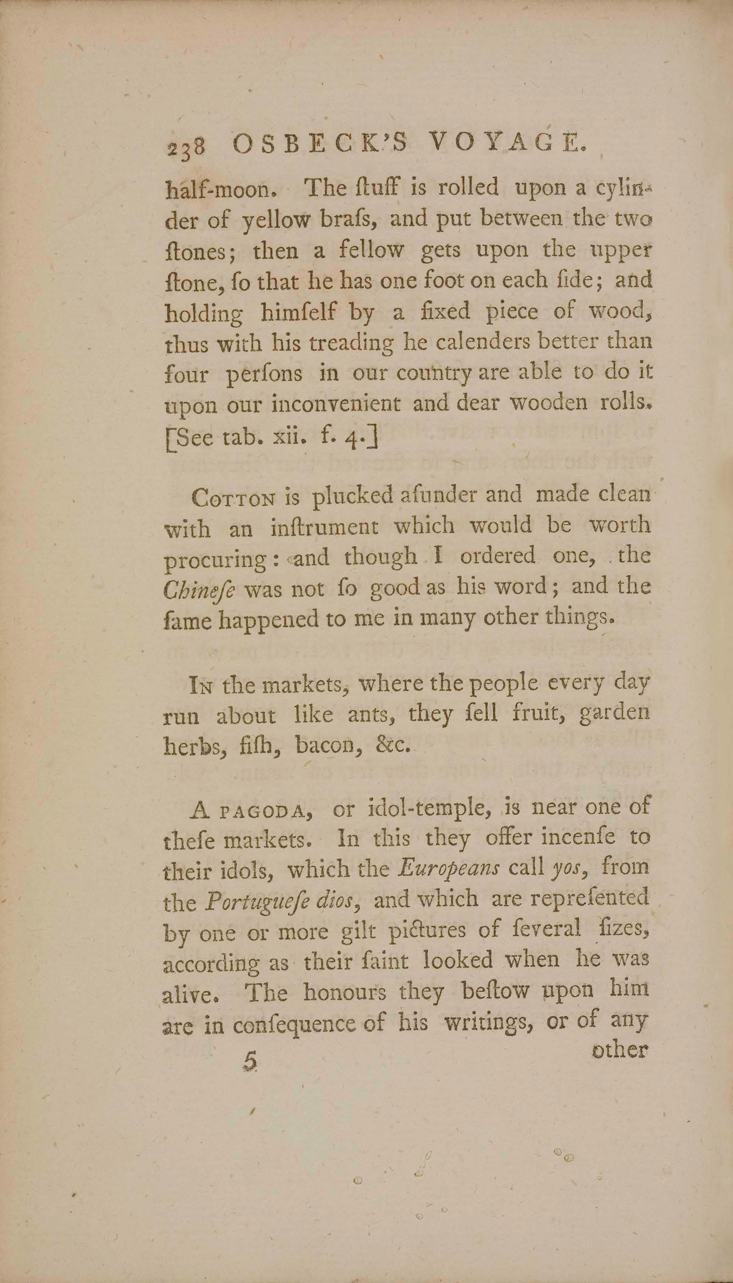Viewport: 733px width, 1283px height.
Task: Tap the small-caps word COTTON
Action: [233, 498]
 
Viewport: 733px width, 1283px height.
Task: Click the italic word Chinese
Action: [199, 589]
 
